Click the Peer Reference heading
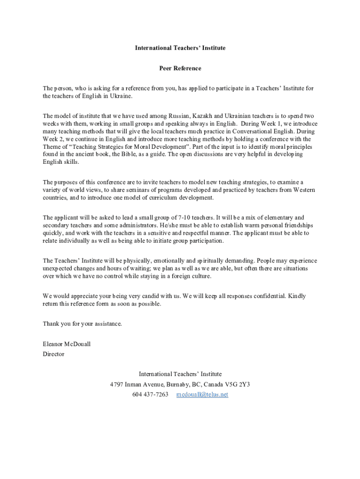pyautogui.click(x=180, y=68)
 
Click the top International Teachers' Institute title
pyautogui.click(x=180, y=48)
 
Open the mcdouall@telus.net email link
pyautogui.click(x=202, y=394)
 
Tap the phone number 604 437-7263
pyautogui.click(x=150, y=394)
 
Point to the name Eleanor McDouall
pyautogui.click(x=66, y=344)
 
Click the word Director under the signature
pyautogui.click(x=53, y=354)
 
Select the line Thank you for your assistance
pyautogui.click(x=82, y=323)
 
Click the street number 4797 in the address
pyautogui.click(x=116, y=384)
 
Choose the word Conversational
pyautogui.click(x=251, y=131)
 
